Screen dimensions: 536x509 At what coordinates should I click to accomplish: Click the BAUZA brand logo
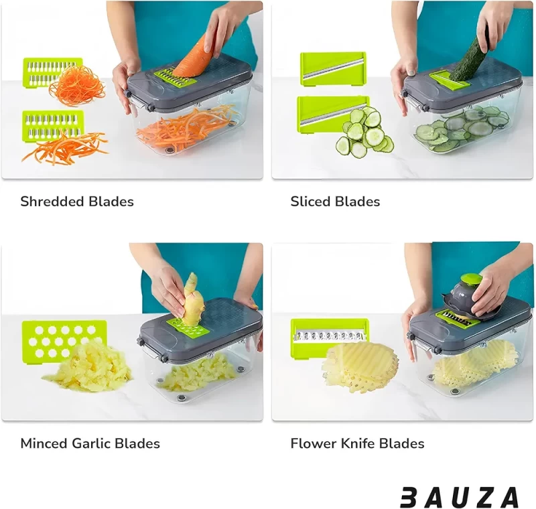tap(460, 497)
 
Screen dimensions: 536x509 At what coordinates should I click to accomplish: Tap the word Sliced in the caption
tap(310, 201)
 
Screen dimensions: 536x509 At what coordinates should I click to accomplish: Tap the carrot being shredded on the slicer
tap(193, 54)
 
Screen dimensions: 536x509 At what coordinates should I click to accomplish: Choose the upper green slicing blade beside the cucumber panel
tap(332, 69)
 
